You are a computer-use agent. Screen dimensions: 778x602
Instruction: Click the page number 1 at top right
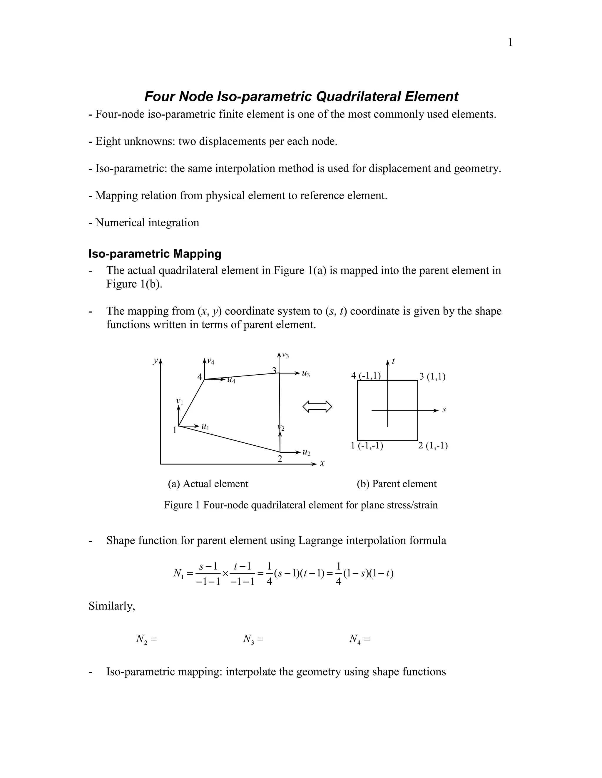[510, 43]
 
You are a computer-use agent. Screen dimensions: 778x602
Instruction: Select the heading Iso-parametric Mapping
[155, 254]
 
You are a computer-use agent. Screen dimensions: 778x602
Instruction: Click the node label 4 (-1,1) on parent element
[366, 375]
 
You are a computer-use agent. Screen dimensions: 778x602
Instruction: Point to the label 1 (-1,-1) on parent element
[367, 446]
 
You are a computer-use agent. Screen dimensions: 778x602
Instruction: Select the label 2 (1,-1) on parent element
[433, 446]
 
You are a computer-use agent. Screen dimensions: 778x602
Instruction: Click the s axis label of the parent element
[444, 410]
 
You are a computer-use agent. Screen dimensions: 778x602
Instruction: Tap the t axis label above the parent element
[393, 361]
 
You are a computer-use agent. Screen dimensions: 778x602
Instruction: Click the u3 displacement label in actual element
[306, 374]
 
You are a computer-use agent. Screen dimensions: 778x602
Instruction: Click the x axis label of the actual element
[322, 464]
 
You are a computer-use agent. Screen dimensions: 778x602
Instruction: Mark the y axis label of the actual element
[155, 361]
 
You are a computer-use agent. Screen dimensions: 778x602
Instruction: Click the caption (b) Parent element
[397, 484]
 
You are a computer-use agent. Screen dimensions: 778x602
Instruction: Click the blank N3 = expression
[253, 639]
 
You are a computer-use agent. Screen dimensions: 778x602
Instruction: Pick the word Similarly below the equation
[112, 606]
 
